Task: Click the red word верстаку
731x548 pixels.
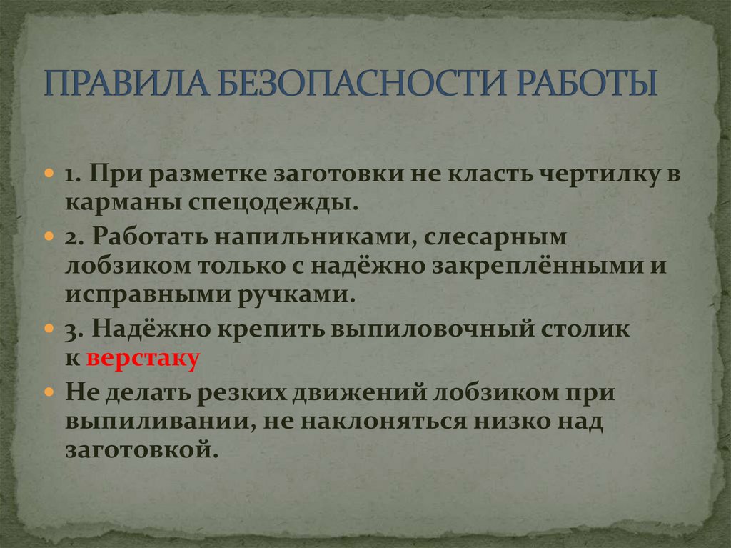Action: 142,359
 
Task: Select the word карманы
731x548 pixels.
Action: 123,204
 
